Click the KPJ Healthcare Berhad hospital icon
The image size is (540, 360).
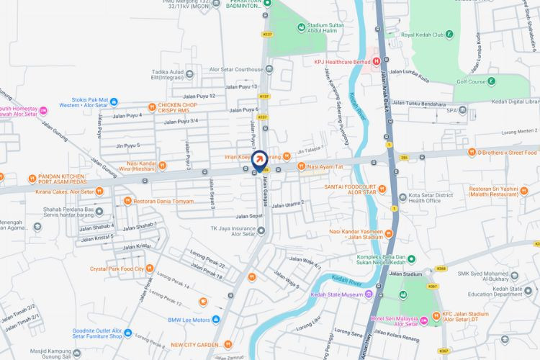[377, 62]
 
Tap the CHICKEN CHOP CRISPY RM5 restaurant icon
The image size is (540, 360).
[153, 105]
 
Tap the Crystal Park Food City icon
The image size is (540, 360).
[149, 269]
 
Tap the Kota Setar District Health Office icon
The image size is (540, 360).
[402, 195]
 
